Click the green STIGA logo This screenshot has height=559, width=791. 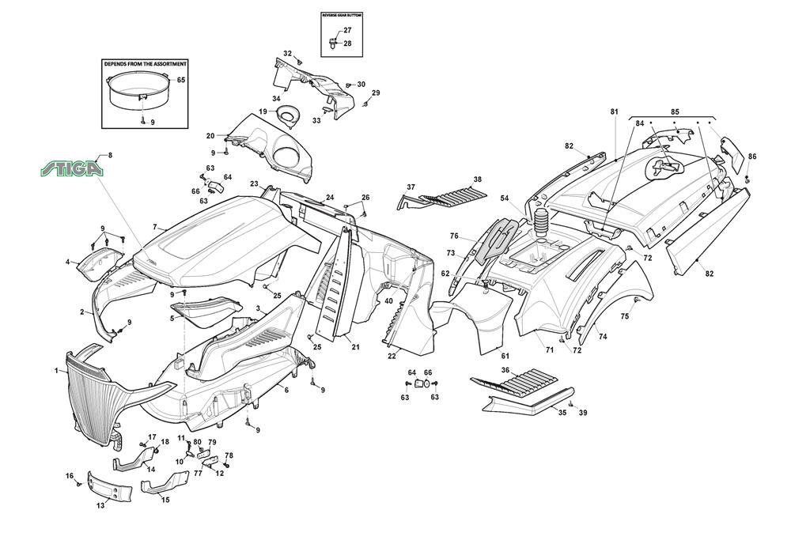(72, 168)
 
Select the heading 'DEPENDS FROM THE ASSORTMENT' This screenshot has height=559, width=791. (146, 64)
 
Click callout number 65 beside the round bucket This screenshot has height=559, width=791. (181, 81)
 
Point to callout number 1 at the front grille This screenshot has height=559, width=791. (56, 370)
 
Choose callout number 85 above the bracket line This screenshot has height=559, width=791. (675, 111)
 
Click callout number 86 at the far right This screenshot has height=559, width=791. (751, 157)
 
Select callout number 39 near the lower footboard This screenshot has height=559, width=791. (583, 414)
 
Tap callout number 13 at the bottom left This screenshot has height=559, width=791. (100, 505)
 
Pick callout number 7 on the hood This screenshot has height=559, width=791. (155, 227)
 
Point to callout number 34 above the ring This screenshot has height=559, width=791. (277, 99)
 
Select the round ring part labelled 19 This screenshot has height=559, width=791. (289, 115)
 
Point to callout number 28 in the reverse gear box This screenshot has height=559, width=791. (347, 43)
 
